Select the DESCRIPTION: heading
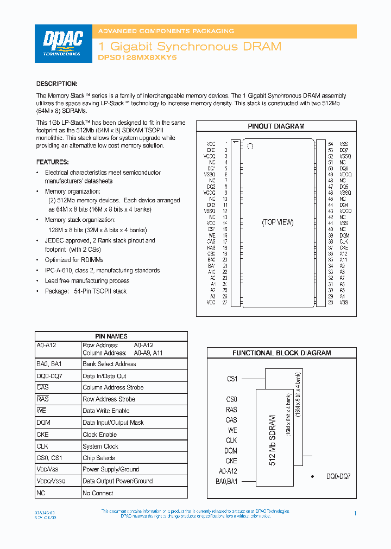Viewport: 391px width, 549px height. [56, 84]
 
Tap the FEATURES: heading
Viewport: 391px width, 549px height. [53, 162]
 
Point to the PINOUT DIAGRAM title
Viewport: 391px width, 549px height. [276, 126]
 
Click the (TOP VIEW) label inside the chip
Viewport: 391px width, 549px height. [278, 222]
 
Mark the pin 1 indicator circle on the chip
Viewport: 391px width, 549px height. [250, 146]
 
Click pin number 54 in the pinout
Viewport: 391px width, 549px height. [330, 144]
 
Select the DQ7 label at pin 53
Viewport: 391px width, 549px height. [344, 150]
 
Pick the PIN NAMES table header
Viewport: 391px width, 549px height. [111, 336]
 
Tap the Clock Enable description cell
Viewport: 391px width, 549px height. [100, 435]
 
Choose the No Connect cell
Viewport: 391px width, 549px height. [98, 493]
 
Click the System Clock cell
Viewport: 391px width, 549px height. [100, 446]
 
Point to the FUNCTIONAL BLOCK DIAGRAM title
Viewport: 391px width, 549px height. [281, 353]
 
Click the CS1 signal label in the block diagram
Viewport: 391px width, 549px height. [232, 379]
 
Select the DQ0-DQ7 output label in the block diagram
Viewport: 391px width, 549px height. [338, 476]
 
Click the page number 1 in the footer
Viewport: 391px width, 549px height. [355, 513]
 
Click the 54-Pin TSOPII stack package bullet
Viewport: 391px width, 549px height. [86, 291]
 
